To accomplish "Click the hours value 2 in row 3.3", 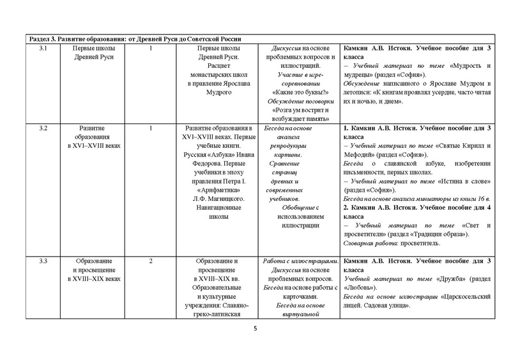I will click(x=151, y=261).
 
